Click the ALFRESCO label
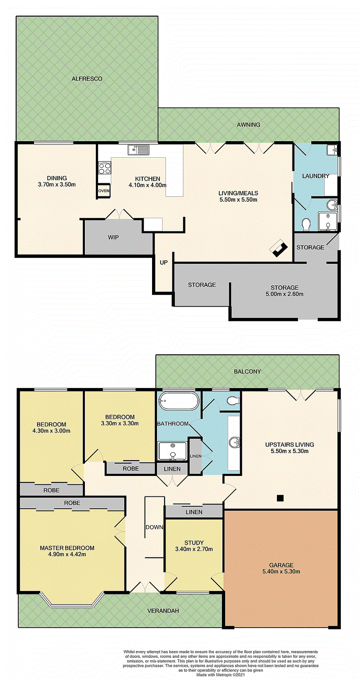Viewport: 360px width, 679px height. click(x=87, y=79)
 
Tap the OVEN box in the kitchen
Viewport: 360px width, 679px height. click(x=104, y=191)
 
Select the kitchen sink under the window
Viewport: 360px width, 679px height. click(x=138, y=150)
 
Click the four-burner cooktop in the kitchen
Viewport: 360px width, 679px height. click(x=105, y=168)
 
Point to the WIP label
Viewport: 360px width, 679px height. click(x=113, y=237)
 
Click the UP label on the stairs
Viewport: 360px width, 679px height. click(x=164, y=262)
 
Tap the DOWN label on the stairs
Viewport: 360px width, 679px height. click(x=155, y=527)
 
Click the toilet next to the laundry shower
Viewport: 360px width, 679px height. click(x=306, y=224)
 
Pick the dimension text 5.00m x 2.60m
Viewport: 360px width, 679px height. click(x=284, y=294)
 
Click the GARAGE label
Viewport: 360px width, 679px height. click(x=281, y=565)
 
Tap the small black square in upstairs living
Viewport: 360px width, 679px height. click(x=280, y=498)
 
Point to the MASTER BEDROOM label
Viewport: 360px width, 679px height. click(x=67, y=548)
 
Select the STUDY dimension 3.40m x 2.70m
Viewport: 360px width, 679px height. click(x=194, y=549)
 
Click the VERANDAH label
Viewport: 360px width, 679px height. click(x=163, y=611)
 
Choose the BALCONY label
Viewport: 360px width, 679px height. click(x=247, y=372)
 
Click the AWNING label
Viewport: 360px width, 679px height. click(x=248, y=124)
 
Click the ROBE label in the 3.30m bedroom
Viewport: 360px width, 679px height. click(x=130, y=469)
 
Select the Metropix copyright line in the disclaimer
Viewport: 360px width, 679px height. click(x=220, y=675)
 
